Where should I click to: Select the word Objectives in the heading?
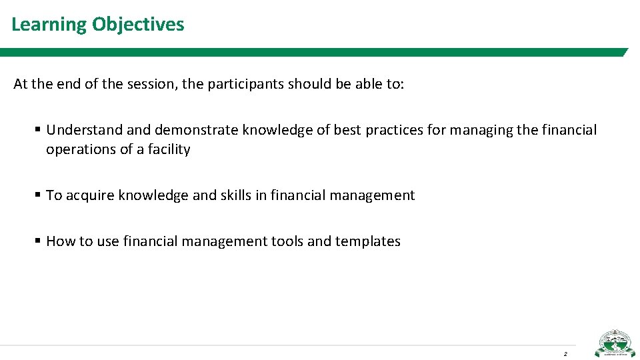(x=138, y=25)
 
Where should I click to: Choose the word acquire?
(x=89, y=195)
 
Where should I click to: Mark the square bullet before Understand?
(x=38, y=130)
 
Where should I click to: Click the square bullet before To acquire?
(x=38, y=195)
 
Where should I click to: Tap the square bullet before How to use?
(x=38, y=241)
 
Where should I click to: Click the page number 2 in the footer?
(x=565, y=353)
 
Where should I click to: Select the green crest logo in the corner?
(x=615, y=344)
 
